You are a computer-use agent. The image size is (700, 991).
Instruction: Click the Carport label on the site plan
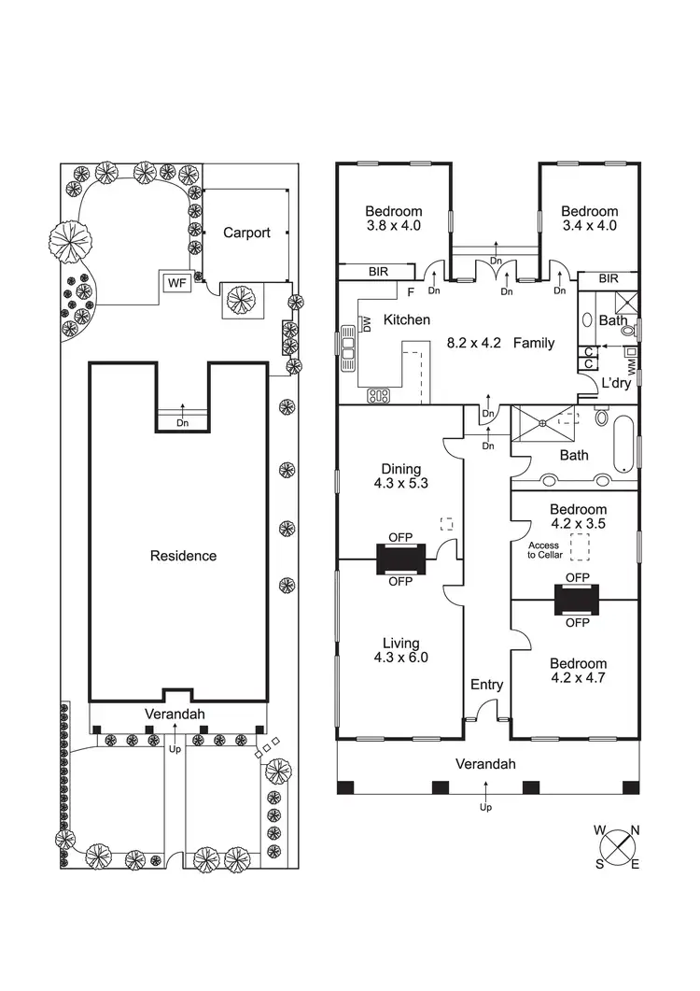tap(246, 233)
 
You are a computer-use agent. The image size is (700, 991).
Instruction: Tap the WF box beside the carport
tap(176, 282)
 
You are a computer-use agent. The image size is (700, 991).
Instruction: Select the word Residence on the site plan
tap(183, 556)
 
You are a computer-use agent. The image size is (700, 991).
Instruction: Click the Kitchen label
tap(407, 319)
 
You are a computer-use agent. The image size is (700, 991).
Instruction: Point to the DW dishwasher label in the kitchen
tap(367, 324)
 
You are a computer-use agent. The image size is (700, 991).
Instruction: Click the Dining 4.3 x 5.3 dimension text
tap(400, 484)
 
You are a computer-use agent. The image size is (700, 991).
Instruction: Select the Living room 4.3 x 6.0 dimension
tap(400, 658)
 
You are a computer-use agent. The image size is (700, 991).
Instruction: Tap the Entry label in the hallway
tap(486, 685)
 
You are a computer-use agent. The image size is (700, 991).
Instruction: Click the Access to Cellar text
tap(543, 550)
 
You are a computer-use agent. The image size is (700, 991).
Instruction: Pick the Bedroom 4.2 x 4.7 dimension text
tap(578, 678)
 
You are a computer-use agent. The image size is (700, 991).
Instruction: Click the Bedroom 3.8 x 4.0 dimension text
tap(393, 225)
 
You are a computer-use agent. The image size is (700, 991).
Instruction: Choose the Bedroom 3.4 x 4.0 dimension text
tap(590, 225)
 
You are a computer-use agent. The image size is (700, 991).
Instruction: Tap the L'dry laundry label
tap(616, 383)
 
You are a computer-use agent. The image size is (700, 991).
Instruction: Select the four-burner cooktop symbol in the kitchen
tap(379, 395)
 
